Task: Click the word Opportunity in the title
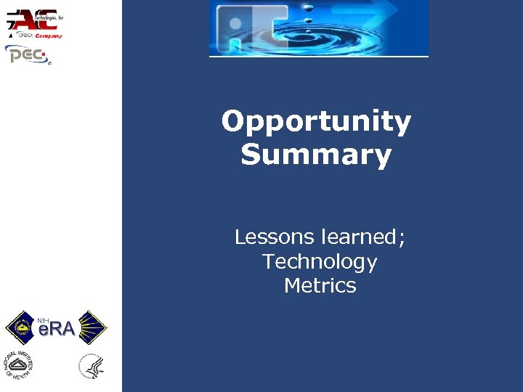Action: (316, 123)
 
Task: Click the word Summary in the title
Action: (316, 155)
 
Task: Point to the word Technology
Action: (320, 261)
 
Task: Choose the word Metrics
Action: (320, 285)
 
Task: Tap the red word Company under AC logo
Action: (49, 35)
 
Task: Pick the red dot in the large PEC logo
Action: (44, 54)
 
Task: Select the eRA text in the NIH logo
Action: (57, 330)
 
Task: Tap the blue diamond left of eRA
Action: (21, 328)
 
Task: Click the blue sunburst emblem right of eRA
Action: (92, 328)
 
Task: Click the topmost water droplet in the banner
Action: (308, 6)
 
